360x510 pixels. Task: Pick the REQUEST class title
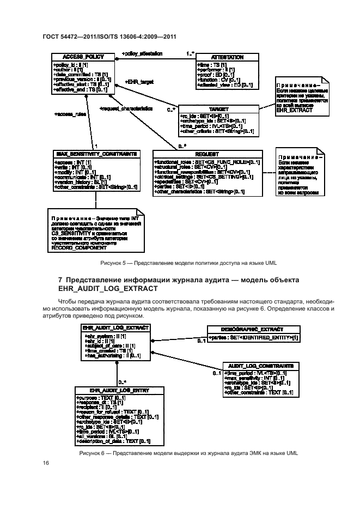click(x=206, y=155)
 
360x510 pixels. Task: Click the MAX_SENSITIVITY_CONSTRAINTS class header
click(x=94, y=154)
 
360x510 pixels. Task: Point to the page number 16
click(x=46, y=463)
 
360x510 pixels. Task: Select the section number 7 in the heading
click(x=60, y=280)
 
